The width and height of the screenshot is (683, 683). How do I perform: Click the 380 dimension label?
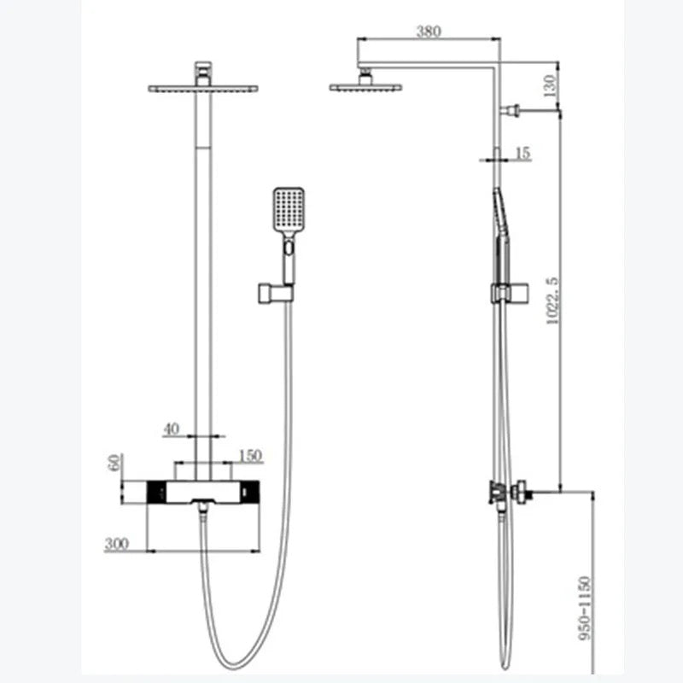[429, 32]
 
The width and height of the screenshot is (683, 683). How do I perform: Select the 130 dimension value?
[550, 86]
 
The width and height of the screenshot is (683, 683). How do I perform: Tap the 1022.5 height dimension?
[552, 301]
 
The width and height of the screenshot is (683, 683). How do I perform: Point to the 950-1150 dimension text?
[586, 608]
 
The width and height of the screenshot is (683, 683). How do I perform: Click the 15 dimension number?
[522, 153]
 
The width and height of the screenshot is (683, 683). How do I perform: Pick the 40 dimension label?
[172, 429]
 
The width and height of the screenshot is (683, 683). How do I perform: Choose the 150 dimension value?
[250, 456]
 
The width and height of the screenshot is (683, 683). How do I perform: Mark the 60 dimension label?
[114, 463]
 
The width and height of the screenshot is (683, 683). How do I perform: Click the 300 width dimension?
[117, 544]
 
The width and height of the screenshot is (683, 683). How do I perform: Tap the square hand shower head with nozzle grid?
[289, 210]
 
